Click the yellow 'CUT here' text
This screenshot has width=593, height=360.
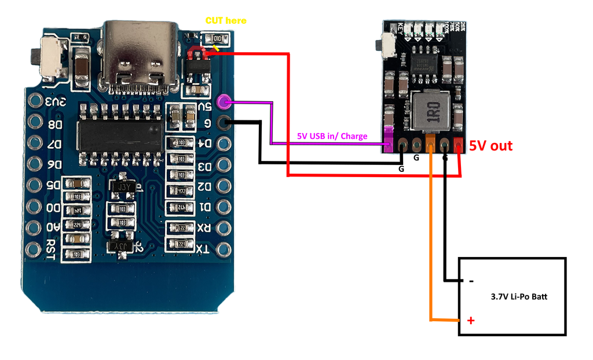pos(226,21)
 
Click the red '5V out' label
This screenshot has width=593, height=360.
pos(490,146)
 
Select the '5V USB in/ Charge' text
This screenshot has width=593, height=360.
pos(332,137)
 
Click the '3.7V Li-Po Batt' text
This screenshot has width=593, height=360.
pos(518,297)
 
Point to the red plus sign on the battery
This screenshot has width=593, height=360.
pos(471,320)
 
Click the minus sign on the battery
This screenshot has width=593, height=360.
pos(471,281)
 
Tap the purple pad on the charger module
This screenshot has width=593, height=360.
pos(388,141)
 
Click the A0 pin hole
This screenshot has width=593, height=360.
pos(35,228)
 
